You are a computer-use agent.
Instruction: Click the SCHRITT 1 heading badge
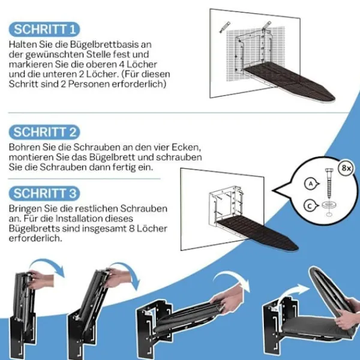point(44,29)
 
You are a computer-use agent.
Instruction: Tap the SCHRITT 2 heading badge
point(44,132)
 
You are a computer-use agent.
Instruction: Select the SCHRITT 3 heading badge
point(44,193)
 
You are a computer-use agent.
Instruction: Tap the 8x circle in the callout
point(346,168)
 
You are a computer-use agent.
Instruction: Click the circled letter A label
point(311,184)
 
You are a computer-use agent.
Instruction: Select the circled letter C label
point(311,206)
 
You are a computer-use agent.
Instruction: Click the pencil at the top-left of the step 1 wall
point(225,27)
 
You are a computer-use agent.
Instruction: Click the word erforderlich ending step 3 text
point(35,239)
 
